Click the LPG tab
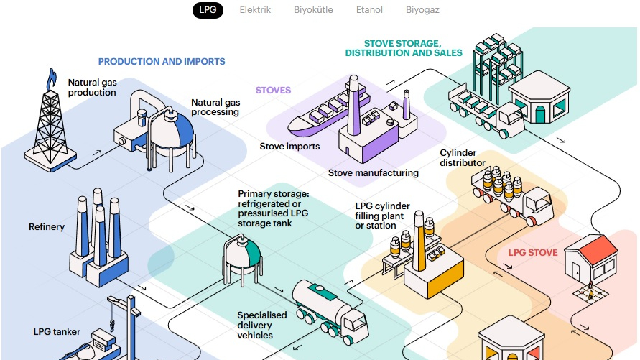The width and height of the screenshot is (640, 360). [x=208, y=10]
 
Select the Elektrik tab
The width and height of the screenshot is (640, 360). [x=255, y=10]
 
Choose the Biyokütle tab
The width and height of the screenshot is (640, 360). [x=313, y=10]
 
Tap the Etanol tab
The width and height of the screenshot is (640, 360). [x=369, y=10]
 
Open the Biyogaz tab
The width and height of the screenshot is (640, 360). [x=422, y=10]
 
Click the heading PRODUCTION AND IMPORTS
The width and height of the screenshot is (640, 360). [x=162, y=62]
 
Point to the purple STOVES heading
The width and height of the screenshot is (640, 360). [x=273, y=91]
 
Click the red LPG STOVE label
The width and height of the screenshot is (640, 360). [x=533, y=253]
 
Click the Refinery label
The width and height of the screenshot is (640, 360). [x=47, y=227]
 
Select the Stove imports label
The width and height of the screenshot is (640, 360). [x=289, y=147]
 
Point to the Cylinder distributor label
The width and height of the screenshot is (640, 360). [x=463, y=158]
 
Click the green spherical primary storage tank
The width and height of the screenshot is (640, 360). [x=242, y=251]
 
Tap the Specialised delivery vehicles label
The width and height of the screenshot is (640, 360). [x=262, y=325]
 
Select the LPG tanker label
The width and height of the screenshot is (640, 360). [x=57, y=332]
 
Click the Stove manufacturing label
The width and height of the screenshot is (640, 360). [x=373, y=173]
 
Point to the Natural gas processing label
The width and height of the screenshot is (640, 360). [x=215, y=107]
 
